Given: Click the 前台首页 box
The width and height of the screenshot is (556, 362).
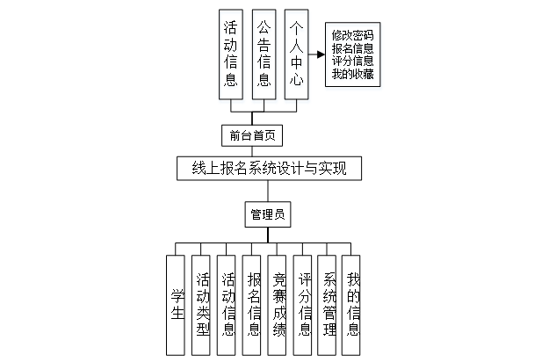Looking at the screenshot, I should point(252,135).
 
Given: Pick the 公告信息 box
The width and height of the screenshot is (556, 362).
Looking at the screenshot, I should point(264,54).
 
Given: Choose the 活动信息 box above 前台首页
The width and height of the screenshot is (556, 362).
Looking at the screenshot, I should point(230,54).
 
